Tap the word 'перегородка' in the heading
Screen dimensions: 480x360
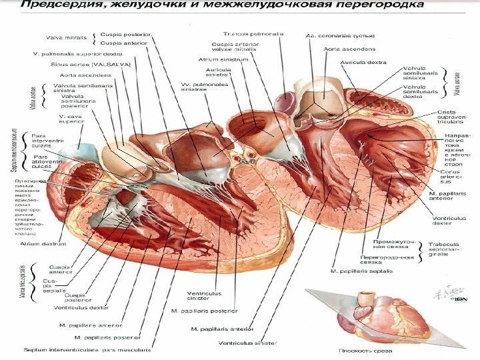point(375,7)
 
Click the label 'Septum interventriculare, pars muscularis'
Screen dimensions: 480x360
point(87,349)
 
